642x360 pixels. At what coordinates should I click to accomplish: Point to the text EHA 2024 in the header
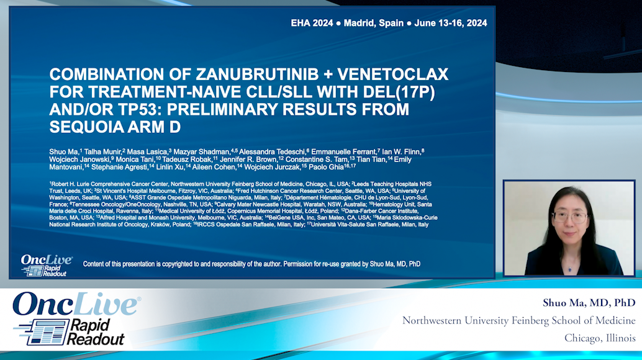313,23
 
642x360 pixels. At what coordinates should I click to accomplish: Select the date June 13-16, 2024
450,23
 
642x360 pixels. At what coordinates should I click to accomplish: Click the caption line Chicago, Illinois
600,338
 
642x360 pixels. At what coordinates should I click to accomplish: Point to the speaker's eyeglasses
569,217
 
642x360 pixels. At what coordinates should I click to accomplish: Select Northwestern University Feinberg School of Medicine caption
519,321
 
